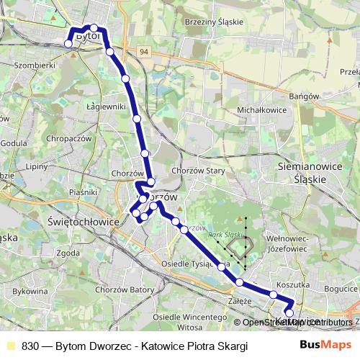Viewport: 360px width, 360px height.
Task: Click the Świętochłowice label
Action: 82,222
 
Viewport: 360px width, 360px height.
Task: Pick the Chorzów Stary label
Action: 199,171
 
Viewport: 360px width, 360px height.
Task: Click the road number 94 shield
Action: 145,52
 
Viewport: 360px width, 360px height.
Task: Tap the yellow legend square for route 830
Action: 9,346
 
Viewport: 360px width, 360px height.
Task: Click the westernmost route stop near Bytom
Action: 68,43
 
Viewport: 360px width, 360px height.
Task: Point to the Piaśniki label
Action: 84,193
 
